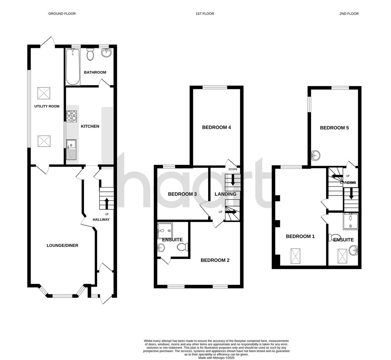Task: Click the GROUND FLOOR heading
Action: pos(62,14)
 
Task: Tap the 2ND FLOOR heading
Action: pos(349,14)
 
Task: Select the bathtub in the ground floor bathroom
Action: pos(73,67)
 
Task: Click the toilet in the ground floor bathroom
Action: pos(90,55)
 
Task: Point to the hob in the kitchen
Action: pos(71,116)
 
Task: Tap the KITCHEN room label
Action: pos(90,126)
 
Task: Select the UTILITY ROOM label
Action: pos(47,106)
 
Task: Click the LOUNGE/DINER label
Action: pos(62,245)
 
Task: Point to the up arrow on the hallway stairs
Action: pos(107,203)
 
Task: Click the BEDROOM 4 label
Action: pos(216,127)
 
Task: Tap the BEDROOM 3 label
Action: pos(182,194)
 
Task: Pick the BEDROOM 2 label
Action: pos(215,260)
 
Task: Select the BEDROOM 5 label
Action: pos(334,128)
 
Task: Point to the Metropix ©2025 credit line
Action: pos(216,357)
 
